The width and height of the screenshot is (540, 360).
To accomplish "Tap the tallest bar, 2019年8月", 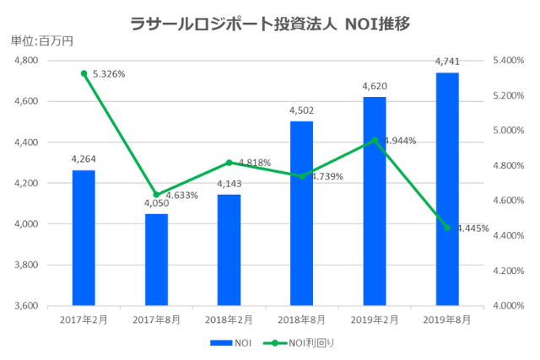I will [x=447, y=189].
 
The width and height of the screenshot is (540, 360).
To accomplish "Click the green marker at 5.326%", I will [x=84, y=73].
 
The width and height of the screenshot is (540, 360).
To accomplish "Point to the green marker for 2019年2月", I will [x=375, y=140].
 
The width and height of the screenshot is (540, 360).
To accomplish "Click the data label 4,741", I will [x=447, y=62].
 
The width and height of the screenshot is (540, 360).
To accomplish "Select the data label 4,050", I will [x=156, y=203].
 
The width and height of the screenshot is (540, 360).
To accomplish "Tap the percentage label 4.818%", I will [x=254, y=162].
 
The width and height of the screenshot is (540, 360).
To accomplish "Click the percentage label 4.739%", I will [x=327, y=176].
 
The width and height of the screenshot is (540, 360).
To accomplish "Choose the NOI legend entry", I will [x=230, y=343].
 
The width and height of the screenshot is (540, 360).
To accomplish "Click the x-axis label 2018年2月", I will [x=229, y=320].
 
